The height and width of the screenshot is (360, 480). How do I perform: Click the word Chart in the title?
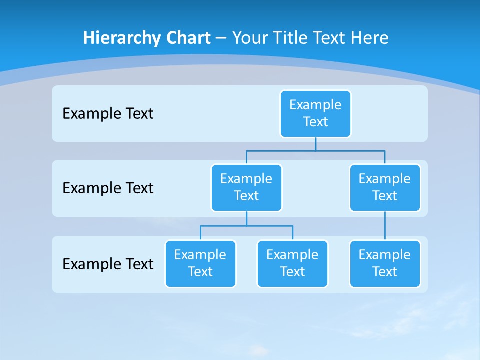click(x=188, y=38)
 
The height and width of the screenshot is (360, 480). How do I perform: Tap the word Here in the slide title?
click(x=370, y=38)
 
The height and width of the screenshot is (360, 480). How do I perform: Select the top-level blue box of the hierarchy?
click(x=315, y=113)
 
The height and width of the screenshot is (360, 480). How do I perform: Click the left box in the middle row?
click(x=246, y=187)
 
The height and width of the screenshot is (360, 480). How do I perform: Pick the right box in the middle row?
click(x=385, y=187)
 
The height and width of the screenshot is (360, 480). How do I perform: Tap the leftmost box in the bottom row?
click(x=200, y=263)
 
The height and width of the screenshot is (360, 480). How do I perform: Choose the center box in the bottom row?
click(x=292, y=263)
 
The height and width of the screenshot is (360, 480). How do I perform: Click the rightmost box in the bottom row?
click(x=385, y=263)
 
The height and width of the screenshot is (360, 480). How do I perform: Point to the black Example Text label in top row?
click(x=108, y=114)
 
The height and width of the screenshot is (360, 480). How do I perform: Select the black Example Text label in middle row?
click(x=108, y=188)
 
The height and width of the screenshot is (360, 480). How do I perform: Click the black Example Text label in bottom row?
click(x=108, y=264)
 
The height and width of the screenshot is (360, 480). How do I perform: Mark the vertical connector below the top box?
click(x=315, y=144)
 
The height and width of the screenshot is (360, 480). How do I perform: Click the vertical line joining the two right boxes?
click(x=385, y=226)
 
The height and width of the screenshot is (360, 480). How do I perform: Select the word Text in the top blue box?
click(x=315, y=122)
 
